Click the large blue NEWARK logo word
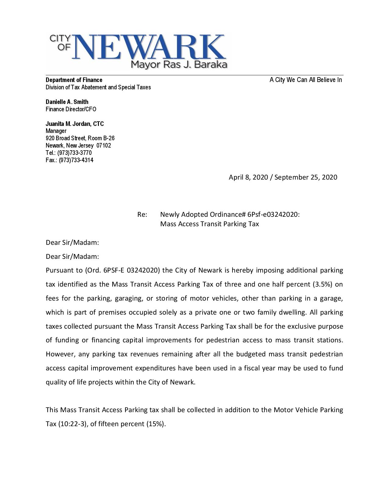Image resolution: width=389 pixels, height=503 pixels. pos(149,47)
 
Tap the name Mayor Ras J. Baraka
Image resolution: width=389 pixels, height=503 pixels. pos(179,65)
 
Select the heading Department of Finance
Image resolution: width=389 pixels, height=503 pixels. pos(74,80)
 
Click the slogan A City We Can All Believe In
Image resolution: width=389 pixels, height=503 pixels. pos(306,80)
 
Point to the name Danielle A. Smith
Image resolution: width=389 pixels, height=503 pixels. pos(67,102)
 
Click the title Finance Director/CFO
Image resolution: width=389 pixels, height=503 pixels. pos(71,109)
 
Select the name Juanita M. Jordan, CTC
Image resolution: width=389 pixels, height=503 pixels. pos(75,124)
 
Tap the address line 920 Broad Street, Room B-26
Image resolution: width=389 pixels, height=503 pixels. pos(80,138)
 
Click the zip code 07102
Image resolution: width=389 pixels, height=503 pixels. pos(103,145)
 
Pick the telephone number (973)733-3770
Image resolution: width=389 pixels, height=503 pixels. pos(74,153)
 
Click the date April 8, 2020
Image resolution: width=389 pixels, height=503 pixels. pos(248,177)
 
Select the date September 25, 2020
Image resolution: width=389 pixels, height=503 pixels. pos(306,177)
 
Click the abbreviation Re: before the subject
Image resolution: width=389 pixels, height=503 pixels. pos(142,215)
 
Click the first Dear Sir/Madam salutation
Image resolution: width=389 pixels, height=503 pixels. pos(72,243)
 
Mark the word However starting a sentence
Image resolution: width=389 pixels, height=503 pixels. pos(60,354)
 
